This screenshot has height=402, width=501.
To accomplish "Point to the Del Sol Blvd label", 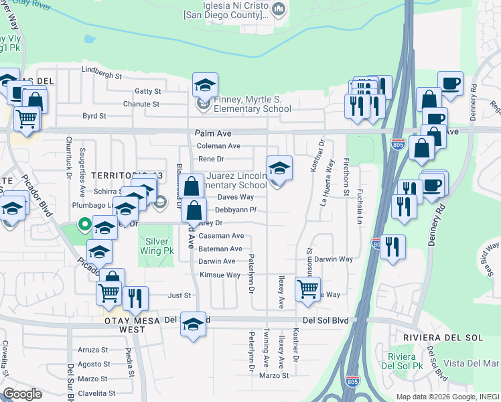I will click(x=326, y=321).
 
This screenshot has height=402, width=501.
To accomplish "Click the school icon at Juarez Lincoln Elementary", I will click(x=279, y=167).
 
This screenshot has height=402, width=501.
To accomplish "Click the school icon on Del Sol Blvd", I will click(x=192, y=324).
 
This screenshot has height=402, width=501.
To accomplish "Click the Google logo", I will click(x=22, y=394).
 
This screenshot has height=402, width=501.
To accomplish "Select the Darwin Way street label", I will click(x=334, y=259).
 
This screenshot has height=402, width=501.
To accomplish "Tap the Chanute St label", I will click(x=141, y=104).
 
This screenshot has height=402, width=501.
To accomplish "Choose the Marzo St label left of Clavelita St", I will click(x=92, y=379).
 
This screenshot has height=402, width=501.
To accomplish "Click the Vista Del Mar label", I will click(x=474, y=363).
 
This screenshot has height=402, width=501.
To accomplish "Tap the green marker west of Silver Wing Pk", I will click(x=84, y=224).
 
